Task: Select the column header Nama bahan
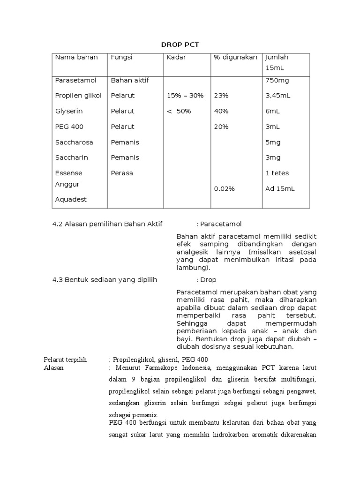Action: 76,57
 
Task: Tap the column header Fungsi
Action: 121,57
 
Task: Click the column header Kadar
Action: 176,57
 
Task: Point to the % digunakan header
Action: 235,57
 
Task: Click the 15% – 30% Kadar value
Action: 185,96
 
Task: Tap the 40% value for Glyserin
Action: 221,111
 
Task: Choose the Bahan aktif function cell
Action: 130,80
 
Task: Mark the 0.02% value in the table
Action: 224,189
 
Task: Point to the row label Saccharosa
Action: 74,142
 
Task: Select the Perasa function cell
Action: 122,173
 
